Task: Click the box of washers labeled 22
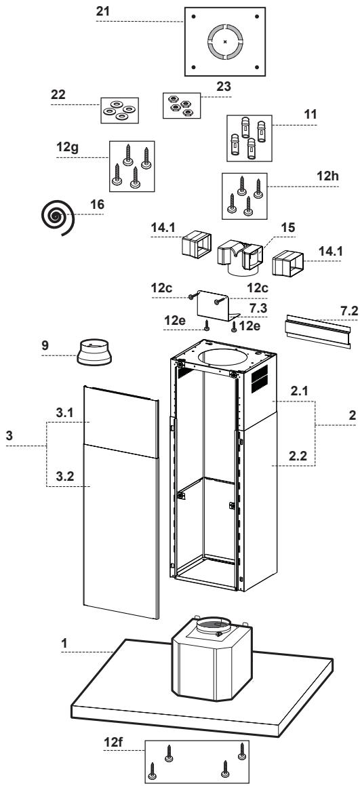(x=119, y=109)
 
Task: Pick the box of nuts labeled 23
(x=180, y=104)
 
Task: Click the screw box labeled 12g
(x=132, y=164)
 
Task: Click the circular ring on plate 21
(x=224, y=41)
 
